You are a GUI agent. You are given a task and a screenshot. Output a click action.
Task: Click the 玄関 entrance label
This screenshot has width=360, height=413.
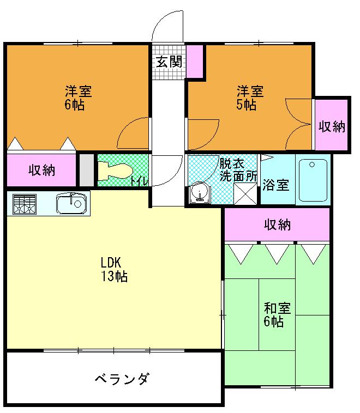[168, 62]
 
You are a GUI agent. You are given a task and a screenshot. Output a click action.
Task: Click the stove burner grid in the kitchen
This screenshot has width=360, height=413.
[24, 205]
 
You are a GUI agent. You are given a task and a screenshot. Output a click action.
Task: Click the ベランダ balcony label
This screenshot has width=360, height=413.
[121, 379]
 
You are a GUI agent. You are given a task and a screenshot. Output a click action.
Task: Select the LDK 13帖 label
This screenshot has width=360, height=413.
[113, 269]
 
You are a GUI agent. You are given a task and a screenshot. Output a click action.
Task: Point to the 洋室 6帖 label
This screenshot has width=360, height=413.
[75, 98]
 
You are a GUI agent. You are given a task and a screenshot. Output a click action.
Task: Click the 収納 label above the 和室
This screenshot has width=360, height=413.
[278, 224]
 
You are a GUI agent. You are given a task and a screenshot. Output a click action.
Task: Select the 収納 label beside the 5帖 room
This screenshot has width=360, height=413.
[332, 126]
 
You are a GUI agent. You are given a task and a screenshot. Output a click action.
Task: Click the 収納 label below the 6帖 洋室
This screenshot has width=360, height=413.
[42, 170]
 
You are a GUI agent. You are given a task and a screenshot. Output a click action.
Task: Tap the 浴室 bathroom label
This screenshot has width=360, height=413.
[276, 185]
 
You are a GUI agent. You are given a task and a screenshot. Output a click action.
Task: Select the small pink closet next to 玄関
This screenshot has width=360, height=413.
[194, 62]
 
